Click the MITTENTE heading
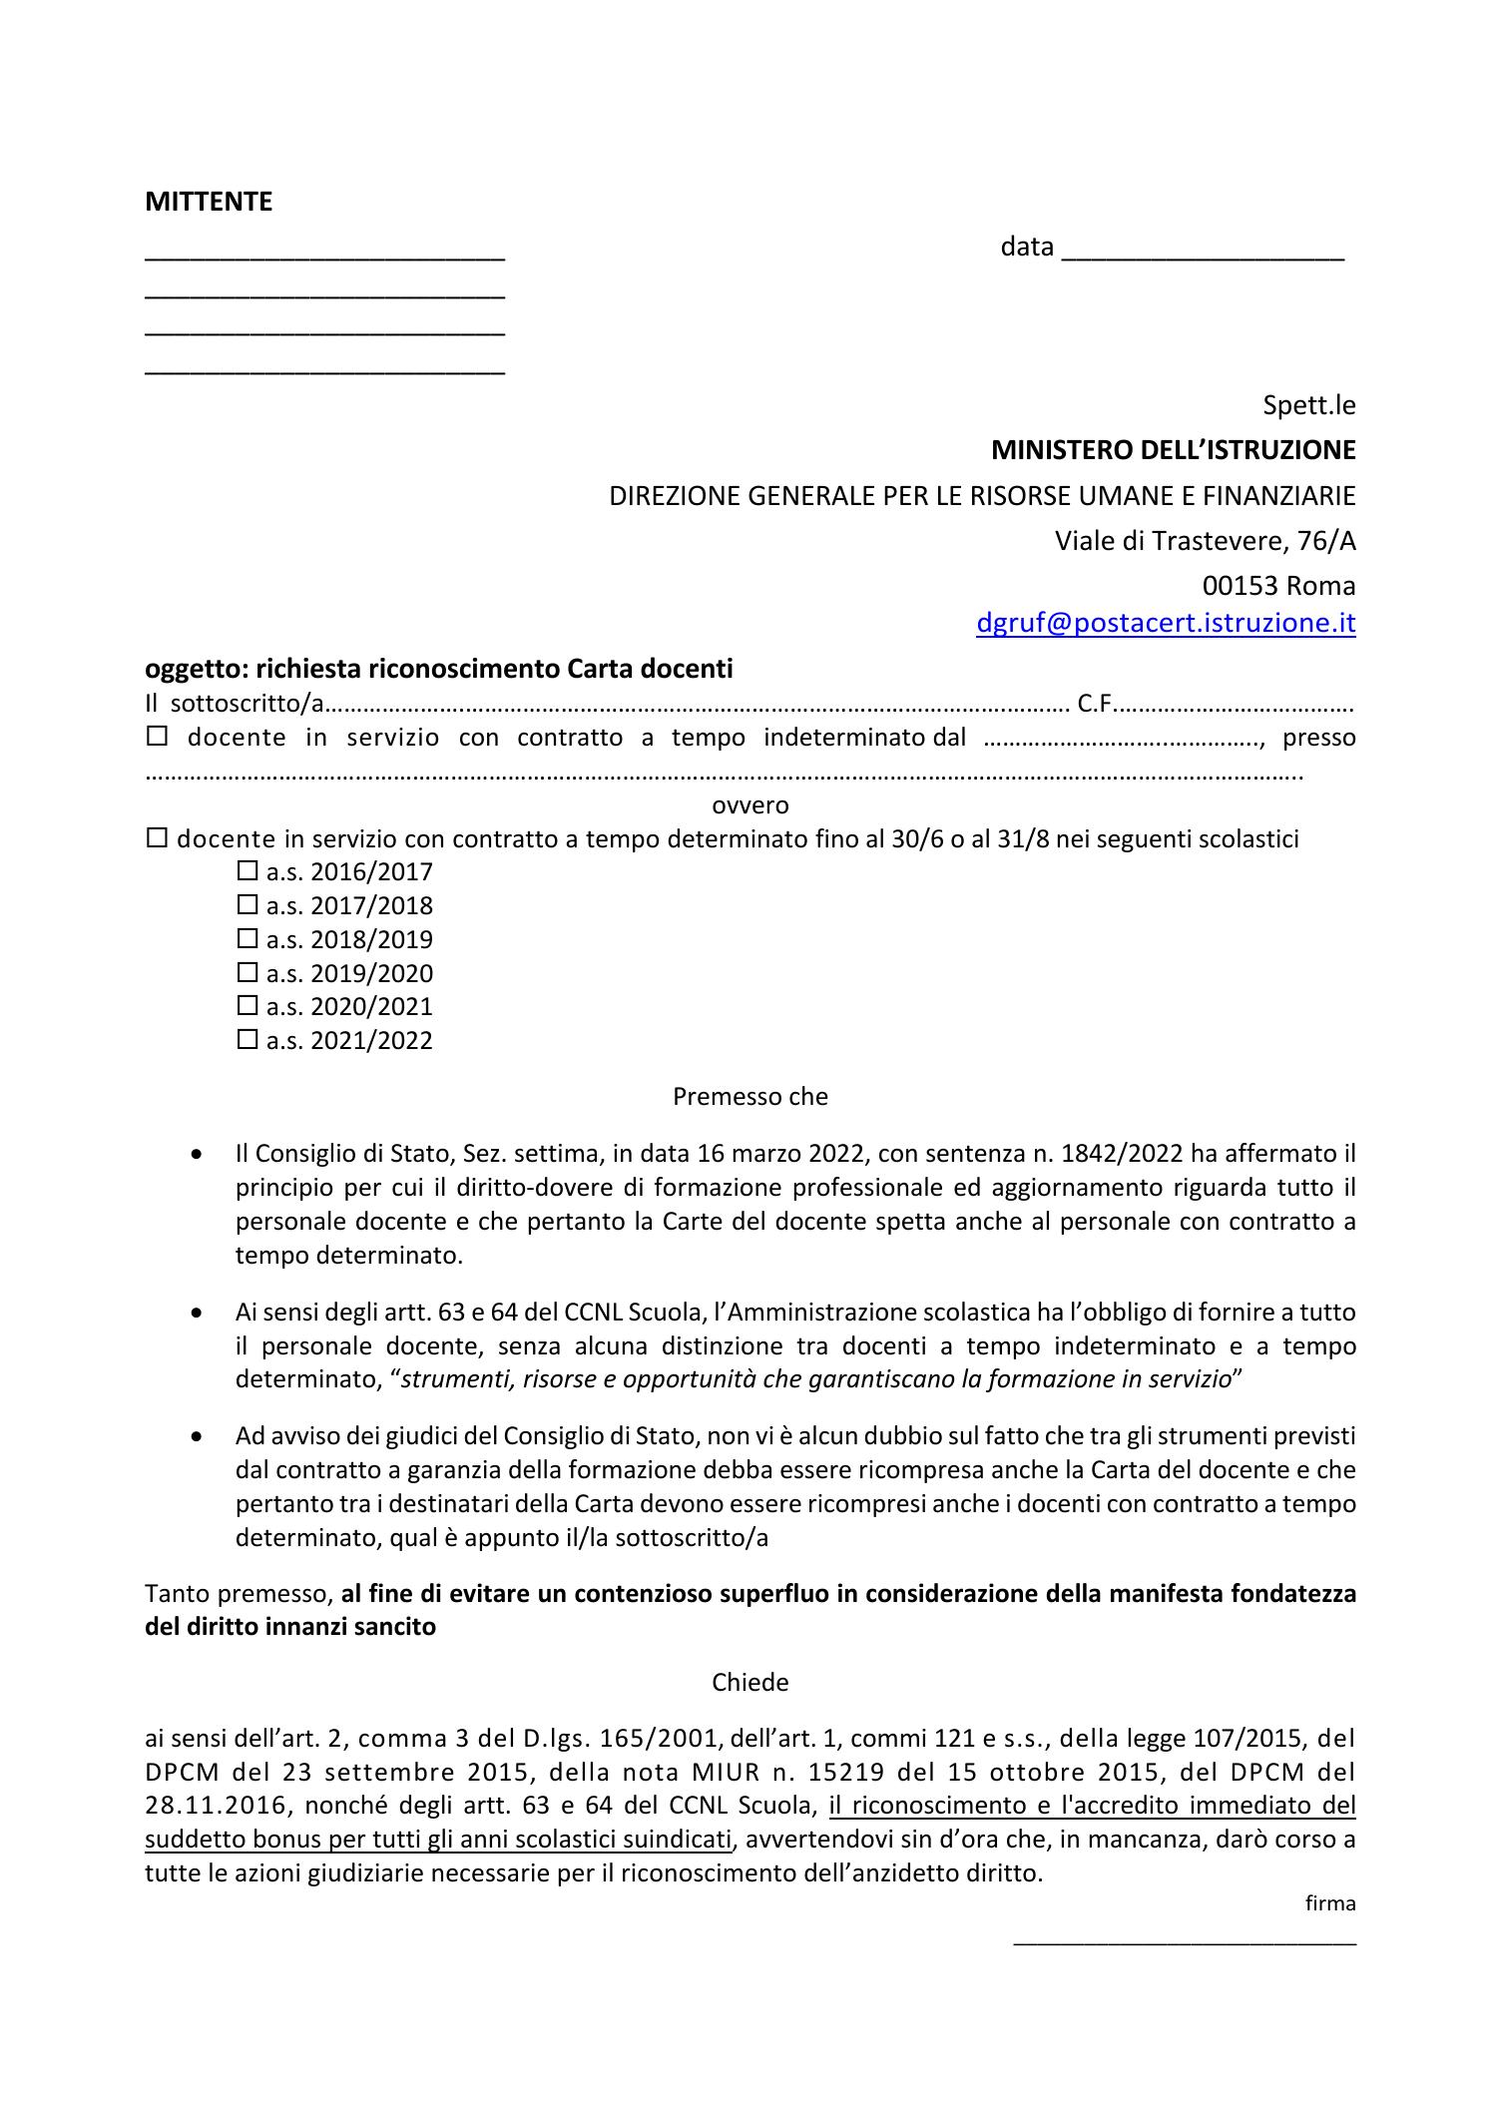pyautogui.click(x=209, y=202)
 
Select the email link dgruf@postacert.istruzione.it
pyautogui.click(x=1165, y=624)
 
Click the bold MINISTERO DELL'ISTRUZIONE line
pyautogui.click(x=1173, y=450)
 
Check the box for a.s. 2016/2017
pyautogui.click(x=247, y=871)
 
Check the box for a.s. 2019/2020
pyautogui.click(x=247, y=972)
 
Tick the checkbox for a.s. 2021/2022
pyautogui.click(x=247, y=1040)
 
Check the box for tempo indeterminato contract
pyautogui.click(x=158, y=739)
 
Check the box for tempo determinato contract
pyautogui.click(x=157, y=839)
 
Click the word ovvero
pyautogui.click(x=749, y=804)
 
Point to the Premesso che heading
pyautogui.click(x=749, y=1096)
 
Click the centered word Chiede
pyautogui.click(x=749, y=1683)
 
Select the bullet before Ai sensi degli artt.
pyautogui.click(x=199, y=1313)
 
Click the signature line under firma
pyautogui.click(x=1185, y=1941)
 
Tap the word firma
pyautogui.click(x=1330, y=1903)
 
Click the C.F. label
pyautogui.click(x=1095, y=705)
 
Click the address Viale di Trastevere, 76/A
pyautogui.click(x=1205, y=541)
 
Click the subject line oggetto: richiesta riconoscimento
pyautogui.click(x=439, y=669)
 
